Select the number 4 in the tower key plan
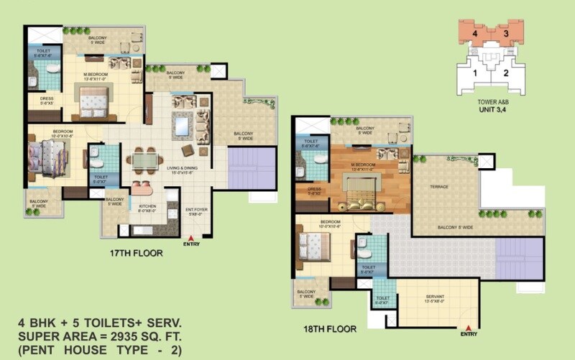click(474, 34)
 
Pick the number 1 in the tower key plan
click(475, 72)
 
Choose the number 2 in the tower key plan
click(506, 72)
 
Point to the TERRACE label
click(439, 187)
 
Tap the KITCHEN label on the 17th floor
click(147, 206)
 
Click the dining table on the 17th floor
click(144, 159)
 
